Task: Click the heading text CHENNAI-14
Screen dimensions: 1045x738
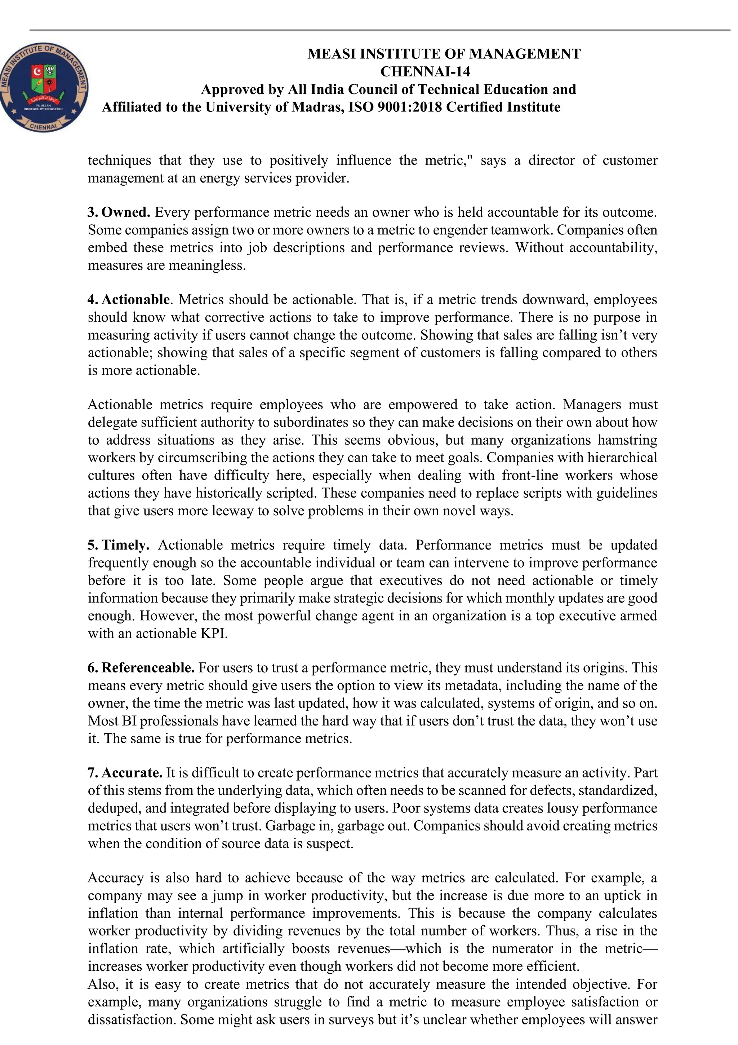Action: point(425,71)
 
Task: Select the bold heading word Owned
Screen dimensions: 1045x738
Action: point(126,212)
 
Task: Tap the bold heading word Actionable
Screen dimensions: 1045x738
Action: point(135,300)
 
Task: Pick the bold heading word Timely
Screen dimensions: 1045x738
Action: point(125,545)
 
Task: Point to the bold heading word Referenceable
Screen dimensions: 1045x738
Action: point(148,668)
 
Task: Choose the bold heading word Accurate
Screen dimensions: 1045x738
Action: point(132,773)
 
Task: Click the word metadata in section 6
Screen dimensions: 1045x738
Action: point(473,685)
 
